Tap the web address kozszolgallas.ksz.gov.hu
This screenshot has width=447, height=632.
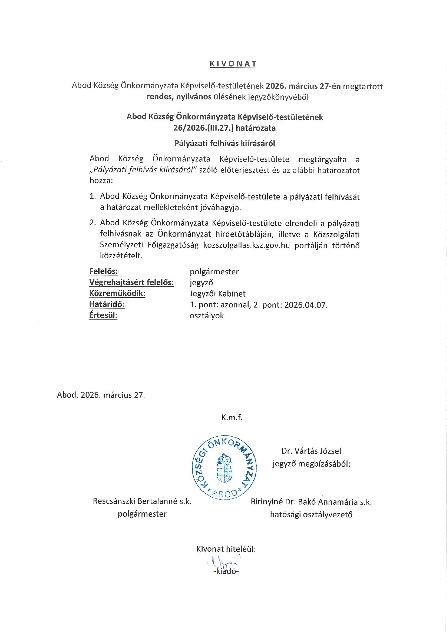[x=247, y=245]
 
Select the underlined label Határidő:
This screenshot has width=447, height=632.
[x=107, y=304]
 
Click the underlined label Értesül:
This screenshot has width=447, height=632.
[x=103, y=315]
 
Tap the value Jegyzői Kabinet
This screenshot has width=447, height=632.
[x=218, y=294]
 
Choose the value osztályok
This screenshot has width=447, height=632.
[x=207, y=316]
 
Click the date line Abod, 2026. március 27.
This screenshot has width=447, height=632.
[x=101, y=395]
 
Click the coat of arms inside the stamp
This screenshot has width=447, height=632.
[x=224, y=468]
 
